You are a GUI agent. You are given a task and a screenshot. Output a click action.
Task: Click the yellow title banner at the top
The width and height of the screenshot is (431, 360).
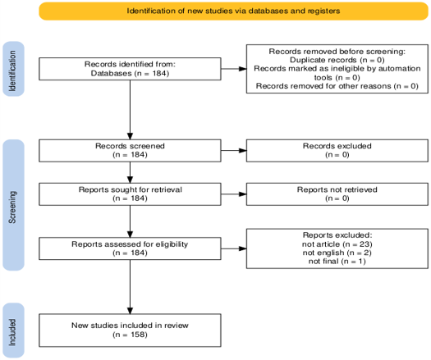[x=233, y=11]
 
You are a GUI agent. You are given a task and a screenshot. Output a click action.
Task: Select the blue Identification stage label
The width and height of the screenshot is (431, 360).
[x=13, y=69]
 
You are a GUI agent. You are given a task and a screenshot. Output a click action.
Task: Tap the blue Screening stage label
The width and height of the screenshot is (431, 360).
[x=13, y=205]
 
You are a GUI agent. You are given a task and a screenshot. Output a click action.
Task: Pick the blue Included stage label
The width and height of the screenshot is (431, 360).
[x=13, y=330]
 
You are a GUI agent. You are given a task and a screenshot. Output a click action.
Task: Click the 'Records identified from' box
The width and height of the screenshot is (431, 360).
[x=130, y=69]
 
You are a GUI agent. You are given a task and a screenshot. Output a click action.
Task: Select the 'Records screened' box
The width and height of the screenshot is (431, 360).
[x=130, y=151]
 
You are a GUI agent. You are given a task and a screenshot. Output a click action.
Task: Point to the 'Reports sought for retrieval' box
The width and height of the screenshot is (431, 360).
[x=130, y=194]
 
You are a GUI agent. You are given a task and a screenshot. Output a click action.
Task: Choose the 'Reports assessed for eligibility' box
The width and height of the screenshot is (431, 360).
[x=130, y=248]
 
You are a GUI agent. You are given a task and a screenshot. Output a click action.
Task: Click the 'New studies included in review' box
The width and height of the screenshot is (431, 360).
[x=130, y=330]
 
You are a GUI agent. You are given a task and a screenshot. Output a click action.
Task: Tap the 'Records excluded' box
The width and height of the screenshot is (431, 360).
[x=337, y=151]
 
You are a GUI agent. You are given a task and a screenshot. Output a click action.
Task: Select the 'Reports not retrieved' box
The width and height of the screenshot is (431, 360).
[x=337, y=194]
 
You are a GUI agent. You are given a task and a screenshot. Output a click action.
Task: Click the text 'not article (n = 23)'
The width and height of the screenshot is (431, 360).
[x=337, y=244]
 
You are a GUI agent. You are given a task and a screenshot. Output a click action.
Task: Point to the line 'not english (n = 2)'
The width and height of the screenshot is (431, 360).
[x=337, y=253]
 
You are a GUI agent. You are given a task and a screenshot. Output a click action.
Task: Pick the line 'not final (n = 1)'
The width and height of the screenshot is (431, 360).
[x=337, y=261]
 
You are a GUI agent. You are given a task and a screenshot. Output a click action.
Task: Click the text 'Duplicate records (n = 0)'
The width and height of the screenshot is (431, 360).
[x=337, y=60]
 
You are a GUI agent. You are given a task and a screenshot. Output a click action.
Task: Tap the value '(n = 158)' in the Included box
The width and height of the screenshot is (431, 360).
[x=130, y=335]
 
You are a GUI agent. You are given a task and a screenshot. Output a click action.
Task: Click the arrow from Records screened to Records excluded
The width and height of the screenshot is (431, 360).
[x=234, y=151]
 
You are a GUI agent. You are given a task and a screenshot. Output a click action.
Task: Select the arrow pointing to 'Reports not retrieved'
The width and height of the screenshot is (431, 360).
[x=234, y=194]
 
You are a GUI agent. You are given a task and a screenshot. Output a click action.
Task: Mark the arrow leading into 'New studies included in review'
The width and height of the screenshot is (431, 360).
[x=130, y=287]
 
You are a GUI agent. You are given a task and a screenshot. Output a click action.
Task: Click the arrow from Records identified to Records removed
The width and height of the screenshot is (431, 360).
[x=234, y=69]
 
